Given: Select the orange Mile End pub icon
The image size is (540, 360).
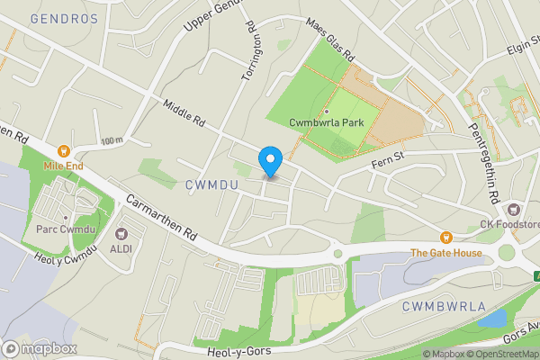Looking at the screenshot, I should click(64, 152).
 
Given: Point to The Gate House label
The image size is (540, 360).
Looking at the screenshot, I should click(446, 252).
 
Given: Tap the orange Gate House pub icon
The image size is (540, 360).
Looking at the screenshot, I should click(446, 238).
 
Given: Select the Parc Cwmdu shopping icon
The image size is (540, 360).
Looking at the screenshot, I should click(66, 217).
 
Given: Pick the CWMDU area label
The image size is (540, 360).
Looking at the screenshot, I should click(211, 184).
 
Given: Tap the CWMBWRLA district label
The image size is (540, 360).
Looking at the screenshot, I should click(438, 307).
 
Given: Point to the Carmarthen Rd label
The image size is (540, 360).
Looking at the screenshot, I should click(161, 216).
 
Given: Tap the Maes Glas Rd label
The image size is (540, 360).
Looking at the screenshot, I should click(331, 40).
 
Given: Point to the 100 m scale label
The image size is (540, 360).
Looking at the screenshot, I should click(112, 140).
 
